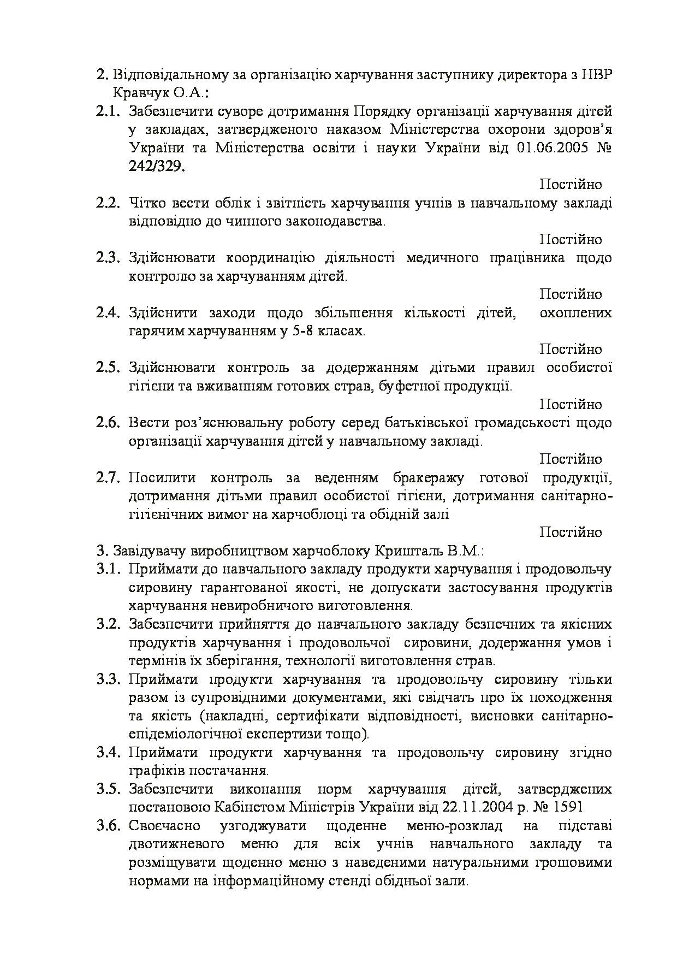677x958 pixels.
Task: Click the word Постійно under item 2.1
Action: [571, 185]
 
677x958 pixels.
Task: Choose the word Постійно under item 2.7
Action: [571, 532]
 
